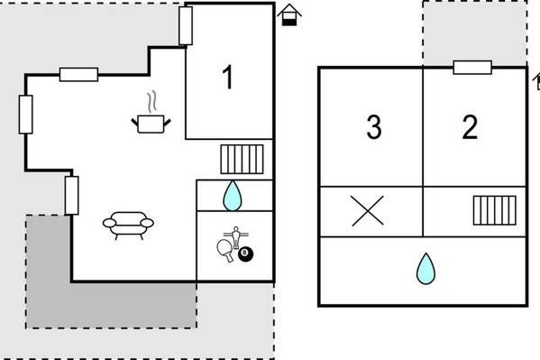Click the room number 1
click(228, 78)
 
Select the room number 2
click(470, 127)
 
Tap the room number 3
click(374, 127)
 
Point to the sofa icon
click(128, 226)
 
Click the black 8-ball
click(246, 254)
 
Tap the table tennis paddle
click(224, 250)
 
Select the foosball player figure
click(236, 237)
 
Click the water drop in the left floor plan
click(233, 196)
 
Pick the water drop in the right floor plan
click(426, 269)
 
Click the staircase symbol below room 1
click(243, 160)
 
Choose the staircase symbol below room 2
click(495, 210)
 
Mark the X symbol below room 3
click(368, 211)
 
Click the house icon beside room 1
click(289, 14)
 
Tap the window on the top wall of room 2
click(472, 68)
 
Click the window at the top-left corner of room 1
click(186, 26)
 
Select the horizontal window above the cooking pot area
click(78, 75)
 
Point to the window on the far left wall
click(25, 115)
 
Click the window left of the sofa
click(71, 196)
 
